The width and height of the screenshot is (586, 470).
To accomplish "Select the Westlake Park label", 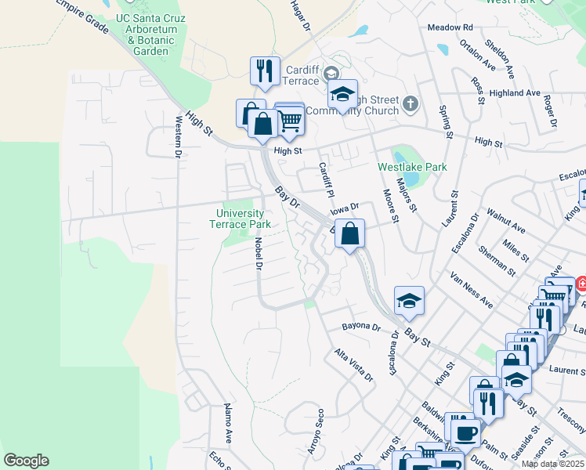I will (x=412, y=167).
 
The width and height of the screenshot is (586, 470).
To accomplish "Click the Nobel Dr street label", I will (x=257, y=254).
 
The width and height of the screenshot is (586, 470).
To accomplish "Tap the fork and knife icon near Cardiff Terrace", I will (x=265, y=71).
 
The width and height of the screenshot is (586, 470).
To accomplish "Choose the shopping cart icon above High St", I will (x=290, y=119).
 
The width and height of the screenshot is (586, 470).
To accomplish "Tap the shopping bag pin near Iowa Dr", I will (x=350, y=233).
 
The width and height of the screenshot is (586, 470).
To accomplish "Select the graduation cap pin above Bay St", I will (x=408, y=301).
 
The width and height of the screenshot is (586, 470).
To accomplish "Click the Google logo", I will (x=26, y=461).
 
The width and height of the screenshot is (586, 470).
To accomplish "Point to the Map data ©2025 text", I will (x=552, y=464).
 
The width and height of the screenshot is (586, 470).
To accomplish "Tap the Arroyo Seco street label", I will (x=317, y=432).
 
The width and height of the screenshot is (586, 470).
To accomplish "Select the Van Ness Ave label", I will (x=471, y=290).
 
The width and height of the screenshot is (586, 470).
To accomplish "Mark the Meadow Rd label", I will (x=450, y=27).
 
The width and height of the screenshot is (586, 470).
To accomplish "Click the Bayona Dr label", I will (x=361, y=327).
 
